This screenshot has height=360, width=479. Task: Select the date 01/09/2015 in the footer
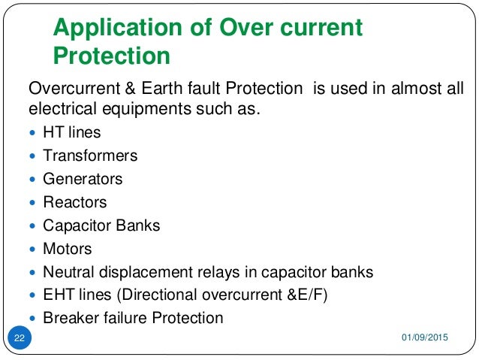click(423, 341)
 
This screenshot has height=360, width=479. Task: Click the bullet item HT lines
click(71, 132)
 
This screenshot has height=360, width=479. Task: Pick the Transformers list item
click(90, 156)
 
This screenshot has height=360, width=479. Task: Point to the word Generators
click(83, 179)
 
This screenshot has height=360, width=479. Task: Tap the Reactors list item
click(75, 202)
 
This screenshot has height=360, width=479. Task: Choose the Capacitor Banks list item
click(101, 225)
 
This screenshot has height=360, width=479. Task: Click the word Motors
click(68, 249)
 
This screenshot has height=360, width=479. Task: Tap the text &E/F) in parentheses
click(303, 295)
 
